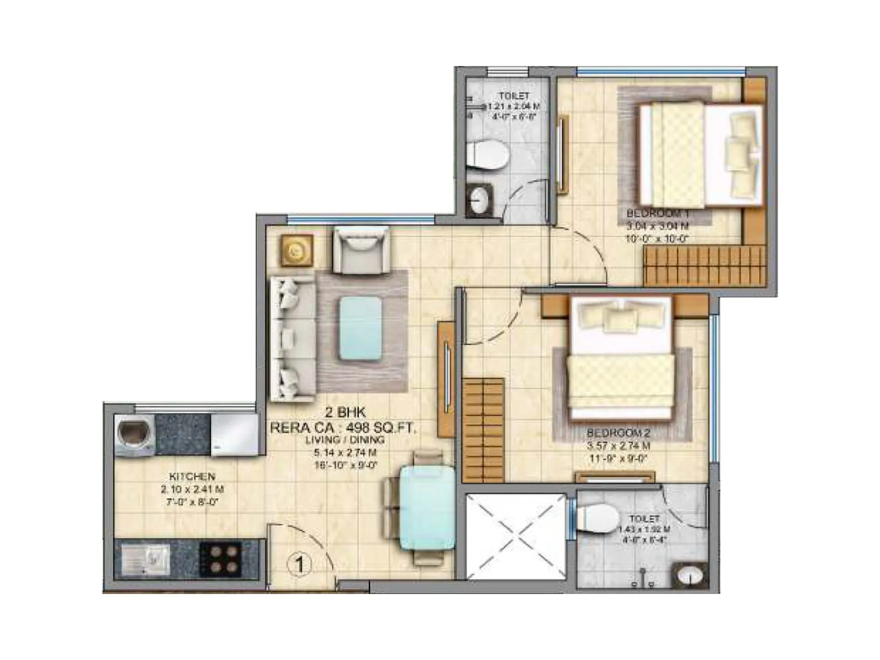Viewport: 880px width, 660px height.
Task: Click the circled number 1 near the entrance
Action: click(x=300, y=564)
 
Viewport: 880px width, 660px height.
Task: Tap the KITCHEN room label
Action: click(x=192, y=476)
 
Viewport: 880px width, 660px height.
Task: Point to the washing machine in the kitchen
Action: click(x=134, y=435)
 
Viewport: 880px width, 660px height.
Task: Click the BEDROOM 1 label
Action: click(x=657, y=213)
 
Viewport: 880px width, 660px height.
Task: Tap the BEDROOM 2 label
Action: click(x=618, y=433)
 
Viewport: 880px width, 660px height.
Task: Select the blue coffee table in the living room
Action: click(x=360, y=328)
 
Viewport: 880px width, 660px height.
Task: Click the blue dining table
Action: click(x=427, y=508)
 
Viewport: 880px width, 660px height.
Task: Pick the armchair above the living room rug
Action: click(x=361, y=251)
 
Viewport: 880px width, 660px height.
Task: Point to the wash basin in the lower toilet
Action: click(x=688, y=575)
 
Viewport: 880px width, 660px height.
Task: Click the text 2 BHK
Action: click(x=345, y=412)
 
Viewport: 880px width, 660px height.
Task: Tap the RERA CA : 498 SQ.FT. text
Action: click(x=343, y=427)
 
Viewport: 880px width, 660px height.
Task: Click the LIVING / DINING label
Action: click(x=345, y=440)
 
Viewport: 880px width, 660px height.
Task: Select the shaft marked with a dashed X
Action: click(x=516, y=536)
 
